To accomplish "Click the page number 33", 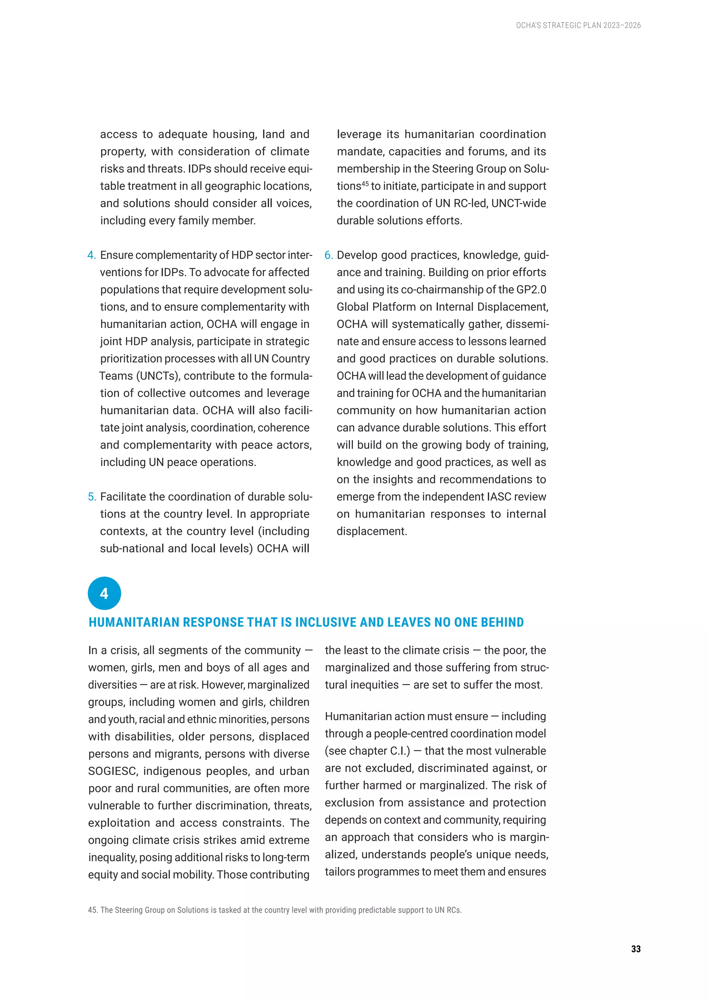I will point(636,949).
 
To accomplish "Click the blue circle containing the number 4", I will point(104,593).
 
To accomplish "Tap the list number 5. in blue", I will point(92,497).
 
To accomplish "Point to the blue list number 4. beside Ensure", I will point(92,255).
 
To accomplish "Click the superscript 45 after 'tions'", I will point(365,183).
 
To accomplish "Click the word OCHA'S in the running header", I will point(529,25).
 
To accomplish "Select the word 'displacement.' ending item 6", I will point(371,531).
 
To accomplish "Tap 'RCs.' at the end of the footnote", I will point(454,910).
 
